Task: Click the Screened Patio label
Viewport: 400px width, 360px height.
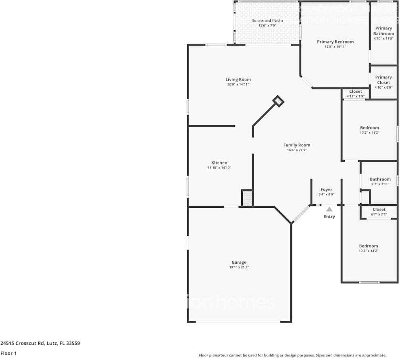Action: (267, 21)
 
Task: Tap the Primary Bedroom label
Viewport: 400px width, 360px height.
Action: (335, 42)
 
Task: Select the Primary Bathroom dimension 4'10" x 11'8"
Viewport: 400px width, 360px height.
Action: (383, 39)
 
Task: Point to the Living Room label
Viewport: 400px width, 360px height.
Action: (238, 79)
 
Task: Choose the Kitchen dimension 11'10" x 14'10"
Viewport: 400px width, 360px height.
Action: (219, 168)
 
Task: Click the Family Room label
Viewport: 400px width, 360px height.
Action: (296, 145)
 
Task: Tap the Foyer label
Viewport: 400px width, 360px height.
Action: (326, 189)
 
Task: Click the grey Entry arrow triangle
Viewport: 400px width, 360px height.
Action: (329, 209)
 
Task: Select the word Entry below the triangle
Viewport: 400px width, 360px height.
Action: (329, 217)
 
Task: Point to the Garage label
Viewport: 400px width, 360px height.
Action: (239, 262)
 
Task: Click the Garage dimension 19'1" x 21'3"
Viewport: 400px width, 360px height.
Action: (239, 267)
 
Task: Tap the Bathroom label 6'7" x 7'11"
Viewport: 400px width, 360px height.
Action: (380, 179)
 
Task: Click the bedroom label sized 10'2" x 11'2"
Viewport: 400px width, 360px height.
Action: (369, 128)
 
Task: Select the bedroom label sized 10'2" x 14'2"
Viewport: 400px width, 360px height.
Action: (369, 246)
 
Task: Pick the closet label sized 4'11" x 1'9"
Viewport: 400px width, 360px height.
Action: (355, 92)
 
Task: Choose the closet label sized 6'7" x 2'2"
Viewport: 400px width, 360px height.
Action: (379, 210)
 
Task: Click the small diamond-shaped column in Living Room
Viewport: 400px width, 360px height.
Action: (278, 101)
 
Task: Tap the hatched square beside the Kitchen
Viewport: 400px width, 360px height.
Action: (247, 198)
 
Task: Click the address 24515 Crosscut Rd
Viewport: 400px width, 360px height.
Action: (40, 343)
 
